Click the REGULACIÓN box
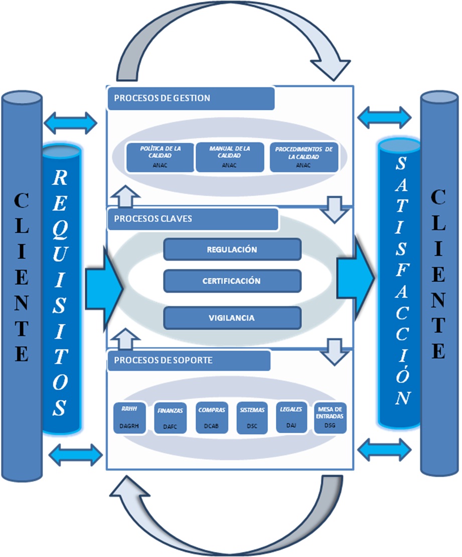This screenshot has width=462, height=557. pos(232,249)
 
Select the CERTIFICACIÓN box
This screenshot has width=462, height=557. pos(232,281)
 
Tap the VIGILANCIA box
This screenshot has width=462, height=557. pos(232,317)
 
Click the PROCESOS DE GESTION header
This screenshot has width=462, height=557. pos(191,98)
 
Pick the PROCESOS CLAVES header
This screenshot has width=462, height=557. pos(193,219)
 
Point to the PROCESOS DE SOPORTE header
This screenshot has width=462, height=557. pos(189,360)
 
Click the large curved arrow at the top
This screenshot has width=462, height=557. pos(231,30)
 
